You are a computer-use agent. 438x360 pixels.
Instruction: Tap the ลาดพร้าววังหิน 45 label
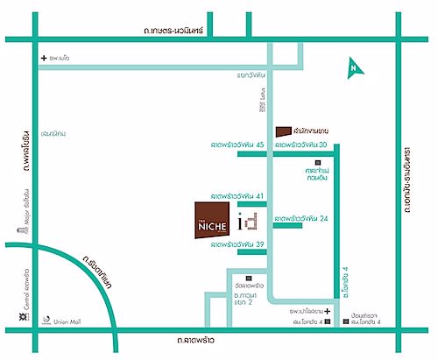(237, 143)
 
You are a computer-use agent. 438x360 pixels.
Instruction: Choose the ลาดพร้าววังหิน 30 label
(301, 143)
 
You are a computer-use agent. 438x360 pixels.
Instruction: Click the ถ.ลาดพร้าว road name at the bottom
(174, 338)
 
